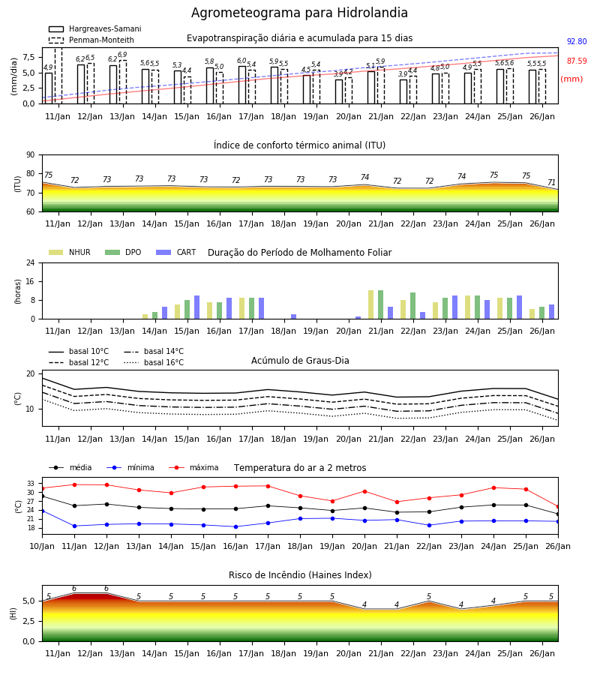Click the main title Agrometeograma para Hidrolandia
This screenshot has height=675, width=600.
[x=299, y=13]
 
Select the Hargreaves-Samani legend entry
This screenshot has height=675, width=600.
[x=94, y=28]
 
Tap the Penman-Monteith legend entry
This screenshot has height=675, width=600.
[x=91, y=40]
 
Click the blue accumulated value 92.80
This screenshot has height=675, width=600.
[x=577, y=41]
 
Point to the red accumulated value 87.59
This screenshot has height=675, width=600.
[x=577, y=61]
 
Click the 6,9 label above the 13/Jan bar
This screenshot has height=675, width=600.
[x=122, y=55]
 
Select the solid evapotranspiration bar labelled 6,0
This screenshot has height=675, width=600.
[x=242, y=85]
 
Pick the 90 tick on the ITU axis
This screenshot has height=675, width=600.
[x=31, y=155]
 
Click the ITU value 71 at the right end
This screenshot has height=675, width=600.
[x=551, y=182]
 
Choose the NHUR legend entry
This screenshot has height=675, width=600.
[x=70, y=252]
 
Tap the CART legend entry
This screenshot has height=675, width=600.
[x=176, y=252]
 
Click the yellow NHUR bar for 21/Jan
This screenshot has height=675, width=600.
[x=371, y=304]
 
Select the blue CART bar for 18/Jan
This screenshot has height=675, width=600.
[x=293, y=316]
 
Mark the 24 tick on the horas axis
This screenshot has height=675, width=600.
[x=31, y=262]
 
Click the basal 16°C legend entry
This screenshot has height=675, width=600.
[x=154, y=362]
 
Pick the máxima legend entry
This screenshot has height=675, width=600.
[x=193, y=467]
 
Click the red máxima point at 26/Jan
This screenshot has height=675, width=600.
[x=558, y=507]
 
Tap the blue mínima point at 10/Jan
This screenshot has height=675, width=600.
[x=42, y=511]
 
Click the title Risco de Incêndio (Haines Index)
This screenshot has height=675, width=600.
[x=300, y=574]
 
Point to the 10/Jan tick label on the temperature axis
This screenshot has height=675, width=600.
[x=42, y=546]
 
